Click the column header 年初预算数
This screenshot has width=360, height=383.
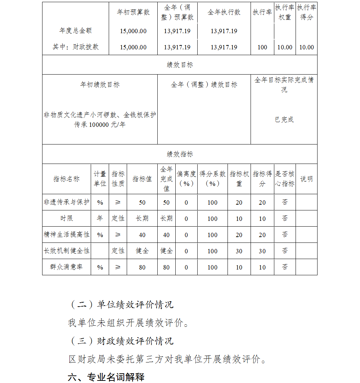pos(133,12)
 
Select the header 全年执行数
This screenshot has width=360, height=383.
pos(224,12)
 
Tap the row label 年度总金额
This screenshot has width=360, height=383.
pos(76,31)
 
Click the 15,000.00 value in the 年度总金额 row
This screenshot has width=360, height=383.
pos(133,31)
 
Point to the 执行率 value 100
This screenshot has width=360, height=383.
pos(262,47)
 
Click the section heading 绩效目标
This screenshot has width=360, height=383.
pos(180,65)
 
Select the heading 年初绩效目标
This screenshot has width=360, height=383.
pos(100,85)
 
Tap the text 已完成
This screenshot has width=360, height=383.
pos(284,120)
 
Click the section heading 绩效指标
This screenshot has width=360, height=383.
pos(180,154)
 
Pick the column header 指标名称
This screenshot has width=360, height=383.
pos(67,179)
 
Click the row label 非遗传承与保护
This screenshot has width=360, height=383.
pos(67,202)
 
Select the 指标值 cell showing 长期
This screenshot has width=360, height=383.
pos(142,218)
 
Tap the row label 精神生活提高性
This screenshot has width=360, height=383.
pos(67,235)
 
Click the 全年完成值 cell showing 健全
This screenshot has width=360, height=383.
pos(166,251)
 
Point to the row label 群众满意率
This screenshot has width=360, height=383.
pos(67,267)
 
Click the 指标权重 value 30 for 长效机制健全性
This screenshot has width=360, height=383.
pos(239,251)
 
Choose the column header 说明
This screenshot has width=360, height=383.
pos(306,179)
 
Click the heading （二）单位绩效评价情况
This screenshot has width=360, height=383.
pos(121,304)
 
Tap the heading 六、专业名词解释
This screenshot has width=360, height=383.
pos(106,377)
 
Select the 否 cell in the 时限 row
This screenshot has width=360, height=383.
pos(285,218)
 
